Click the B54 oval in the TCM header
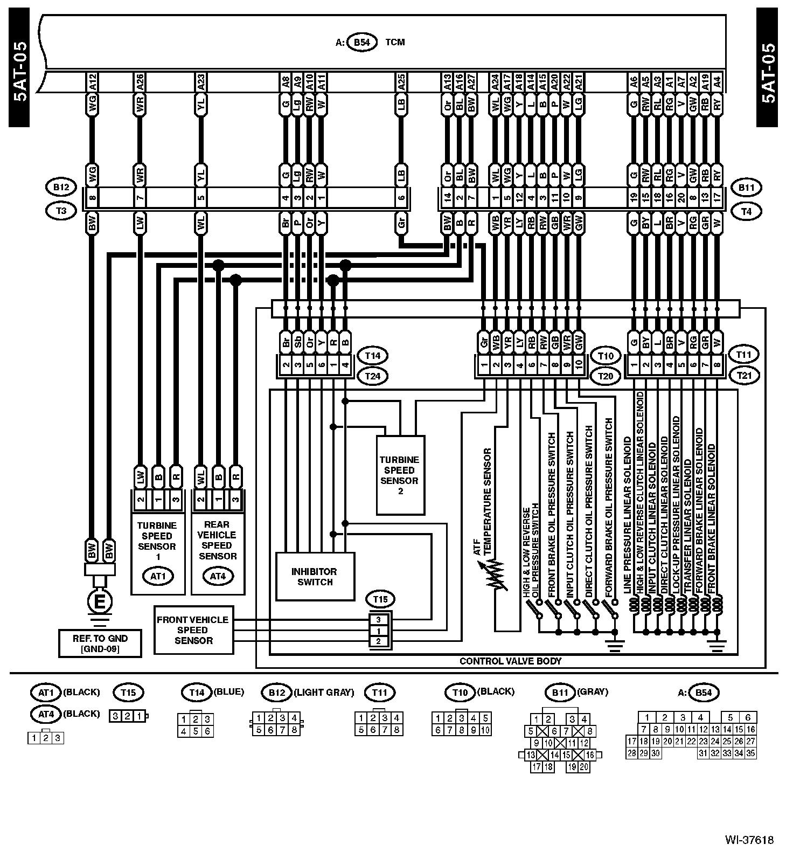click(361, 43)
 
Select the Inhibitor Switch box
click(315, 576)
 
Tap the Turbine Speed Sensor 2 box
click(400, 475)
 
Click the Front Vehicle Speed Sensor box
click(193, 630)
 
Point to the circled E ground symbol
click(100, 603)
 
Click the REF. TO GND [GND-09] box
click(100, 643)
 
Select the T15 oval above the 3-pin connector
click(380, 599)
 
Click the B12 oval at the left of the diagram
click(61, 188)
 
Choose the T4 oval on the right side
click(746, 212)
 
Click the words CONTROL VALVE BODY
click(510, 661)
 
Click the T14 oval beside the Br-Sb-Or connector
click(373, 356)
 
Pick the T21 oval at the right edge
click(744, 375)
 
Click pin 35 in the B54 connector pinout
click(750, 753)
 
